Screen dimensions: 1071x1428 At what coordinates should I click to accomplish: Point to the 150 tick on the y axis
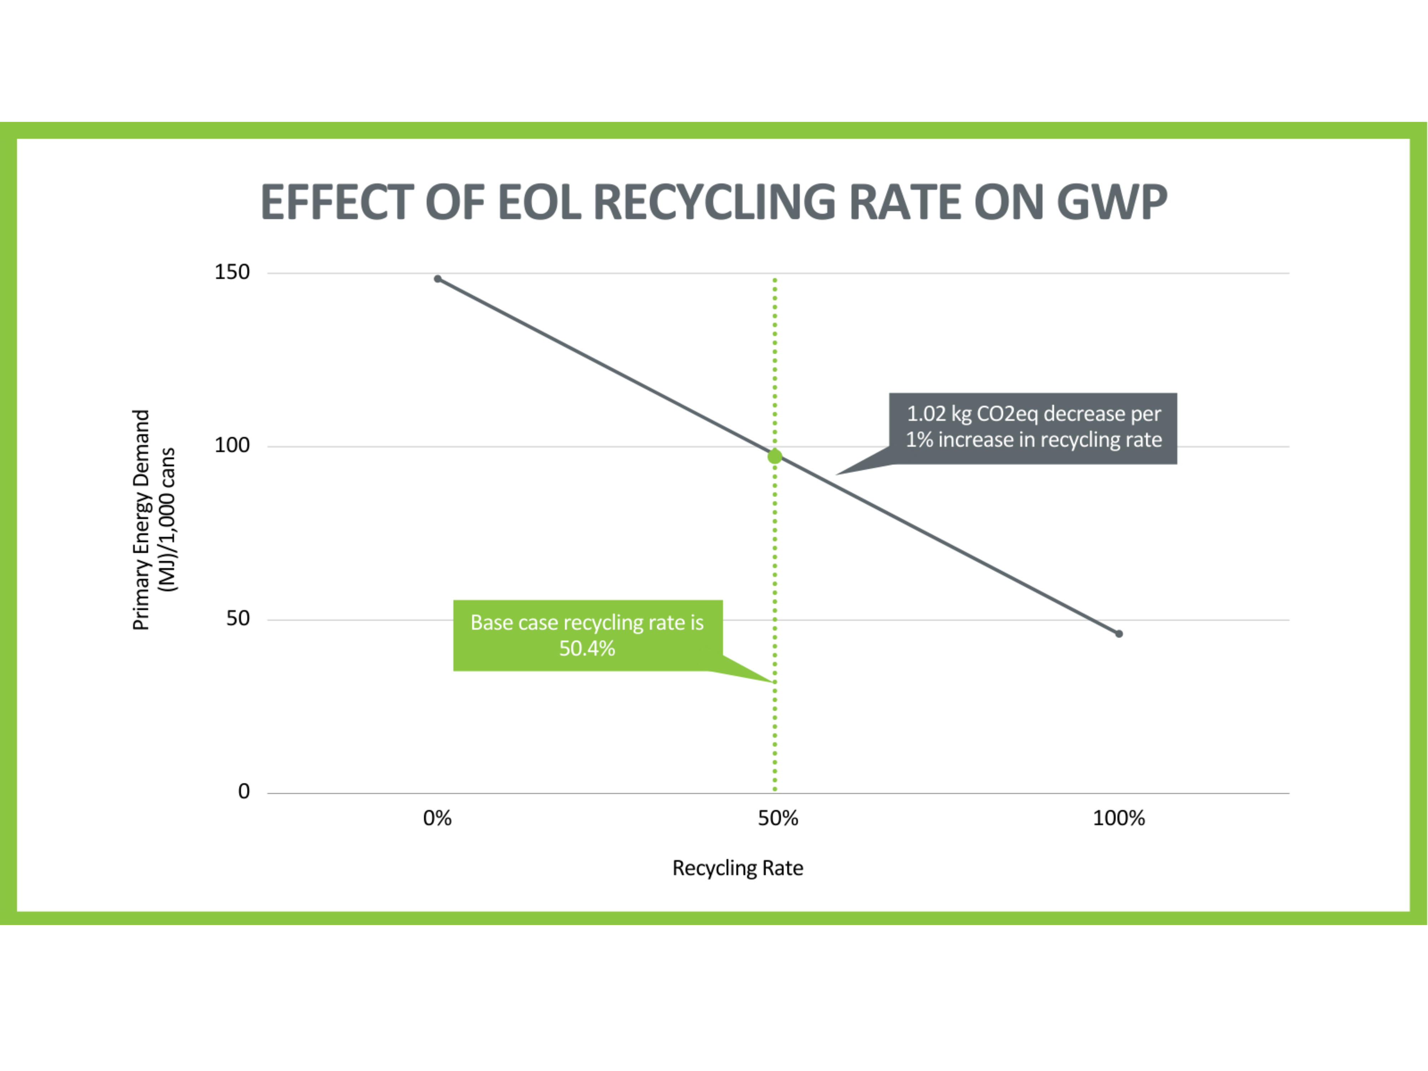232,272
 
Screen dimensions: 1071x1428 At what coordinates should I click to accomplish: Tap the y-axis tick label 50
237,618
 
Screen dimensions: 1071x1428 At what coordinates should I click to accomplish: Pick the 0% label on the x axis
437,819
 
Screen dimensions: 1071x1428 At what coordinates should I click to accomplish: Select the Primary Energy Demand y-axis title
141,520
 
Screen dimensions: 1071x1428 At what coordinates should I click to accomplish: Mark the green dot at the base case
775,456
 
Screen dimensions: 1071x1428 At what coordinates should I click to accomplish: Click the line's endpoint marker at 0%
438,279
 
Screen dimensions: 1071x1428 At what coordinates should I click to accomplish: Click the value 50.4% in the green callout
587,648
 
